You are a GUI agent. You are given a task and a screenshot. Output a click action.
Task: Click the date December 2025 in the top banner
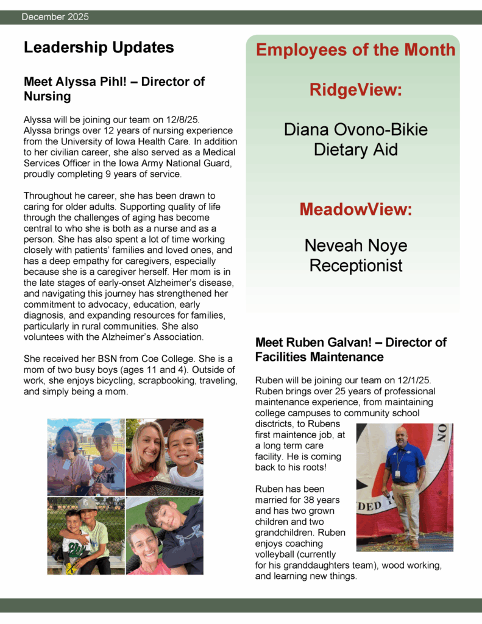55,17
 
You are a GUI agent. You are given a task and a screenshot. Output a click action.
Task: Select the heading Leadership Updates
99,48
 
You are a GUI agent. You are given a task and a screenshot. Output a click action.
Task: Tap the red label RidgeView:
356,90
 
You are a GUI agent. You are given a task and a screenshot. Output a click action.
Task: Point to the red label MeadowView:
356,210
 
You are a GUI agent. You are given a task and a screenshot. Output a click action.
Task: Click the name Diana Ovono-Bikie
356,130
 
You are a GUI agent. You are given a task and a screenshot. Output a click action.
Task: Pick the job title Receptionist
356,266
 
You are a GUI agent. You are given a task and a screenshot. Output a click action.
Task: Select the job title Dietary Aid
356,149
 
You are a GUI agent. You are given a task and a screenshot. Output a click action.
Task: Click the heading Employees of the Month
356,50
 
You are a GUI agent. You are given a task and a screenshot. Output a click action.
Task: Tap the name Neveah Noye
356,246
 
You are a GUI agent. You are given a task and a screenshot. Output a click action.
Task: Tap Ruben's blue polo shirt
405,463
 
